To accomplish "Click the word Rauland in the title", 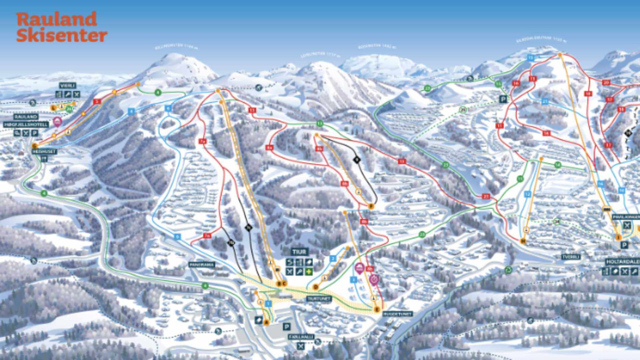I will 57,19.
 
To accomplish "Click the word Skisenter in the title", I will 62,35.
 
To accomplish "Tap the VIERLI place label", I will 68,86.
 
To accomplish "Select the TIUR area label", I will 299,252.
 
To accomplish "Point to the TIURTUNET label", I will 319,299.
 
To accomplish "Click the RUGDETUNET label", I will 398,314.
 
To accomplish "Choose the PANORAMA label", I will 202,265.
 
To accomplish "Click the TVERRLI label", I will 571,257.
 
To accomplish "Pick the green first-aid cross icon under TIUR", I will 309,272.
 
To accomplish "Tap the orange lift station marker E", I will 377,310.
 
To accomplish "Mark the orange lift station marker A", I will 266,322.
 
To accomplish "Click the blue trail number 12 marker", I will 527,194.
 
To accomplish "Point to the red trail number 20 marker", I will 606,83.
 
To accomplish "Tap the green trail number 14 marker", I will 558,165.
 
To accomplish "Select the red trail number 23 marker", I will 486,196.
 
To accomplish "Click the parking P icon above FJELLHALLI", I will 286,326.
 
